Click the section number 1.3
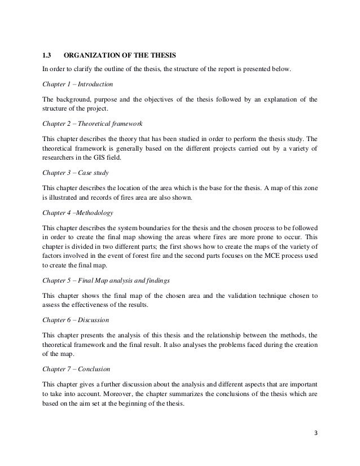pos(47,55)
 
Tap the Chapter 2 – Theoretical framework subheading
pos(93,122)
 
